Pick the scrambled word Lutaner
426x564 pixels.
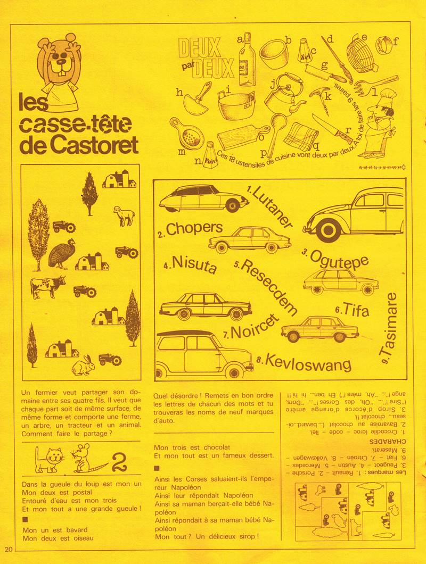[x=271, y=207]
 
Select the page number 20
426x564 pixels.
[x=8, y=549]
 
